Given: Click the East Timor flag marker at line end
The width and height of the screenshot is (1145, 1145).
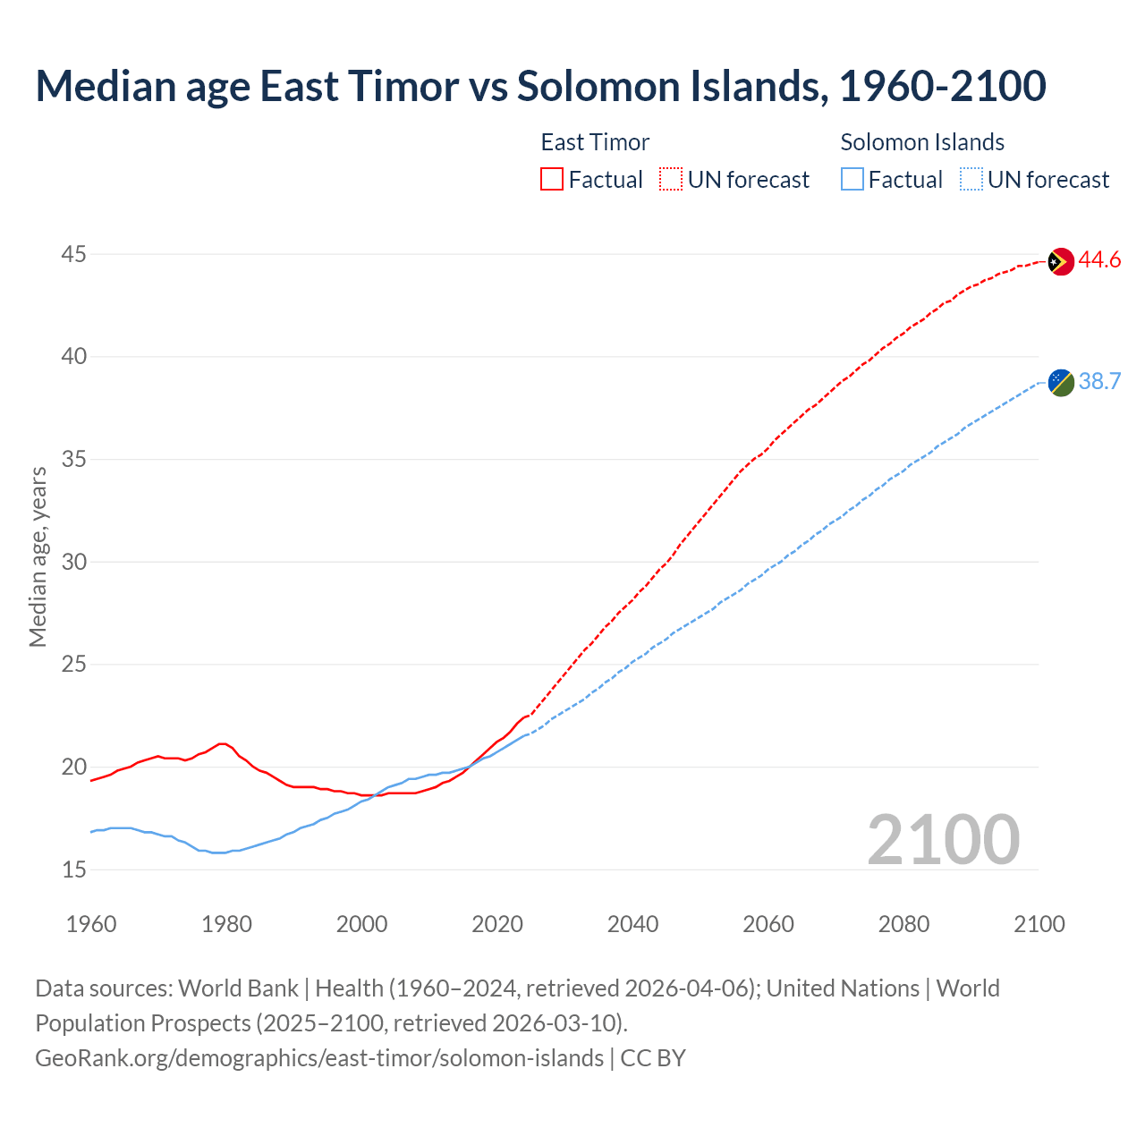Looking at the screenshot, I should coord(1060,261).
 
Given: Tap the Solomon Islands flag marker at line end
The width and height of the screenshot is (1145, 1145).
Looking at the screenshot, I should coord(1060,382).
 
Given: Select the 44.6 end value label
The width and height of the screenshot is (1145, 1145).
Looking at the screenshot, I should coord(1099,260).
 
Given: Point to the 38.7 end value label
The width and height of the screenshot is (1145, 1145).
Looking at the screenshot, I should coord(1099,382).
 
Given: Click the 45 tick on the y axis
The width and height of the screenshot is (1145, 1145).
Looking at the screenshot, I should coord(73,255).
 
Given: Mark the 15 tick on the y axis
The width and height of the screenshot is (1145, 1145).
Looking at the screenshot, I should coord(73,869).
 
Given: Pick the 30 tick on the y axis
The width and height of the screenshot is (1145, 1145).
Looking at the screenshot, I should coord(73,562).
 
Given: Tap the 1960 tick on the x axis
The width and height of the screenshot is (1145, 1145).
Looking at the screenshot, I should coord(91,924).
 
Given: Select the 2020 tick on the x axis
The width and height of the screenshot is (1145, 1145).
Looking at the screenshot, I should coord(497,924).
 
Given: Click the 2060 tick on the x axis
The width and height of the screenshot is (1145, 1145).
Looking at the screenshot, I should coord(768,924).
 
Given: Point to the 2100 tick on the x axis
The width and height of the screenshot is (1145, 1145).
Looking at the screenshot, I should coord(1039,924).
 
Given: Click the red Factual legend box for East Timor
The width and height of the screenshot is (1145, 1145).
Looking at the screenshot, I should coord(552,180).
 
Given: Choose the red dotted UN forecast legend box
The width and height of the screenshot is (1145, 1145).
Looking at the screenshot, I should coord(671,180).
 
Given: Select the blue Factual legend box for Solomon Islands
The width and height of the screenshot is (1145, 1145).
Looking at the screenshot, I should coord(852,180).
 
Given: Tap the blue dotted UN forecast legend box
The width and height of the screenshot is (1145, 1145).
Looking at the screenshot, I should coord(971,180).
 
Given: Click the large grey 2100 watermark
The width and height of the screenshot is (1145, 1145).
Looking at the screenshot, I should coord(943,840).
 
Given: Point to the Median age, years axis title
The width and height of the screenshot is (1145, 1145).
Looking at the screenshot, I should coord(38,556).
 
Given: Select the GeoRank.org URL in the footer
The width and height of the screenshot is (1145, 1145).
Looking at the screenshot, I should coord(319,1058).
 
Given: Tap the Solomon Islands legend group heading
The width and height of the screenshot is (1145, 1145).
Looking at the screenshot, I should coord(922,142).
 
